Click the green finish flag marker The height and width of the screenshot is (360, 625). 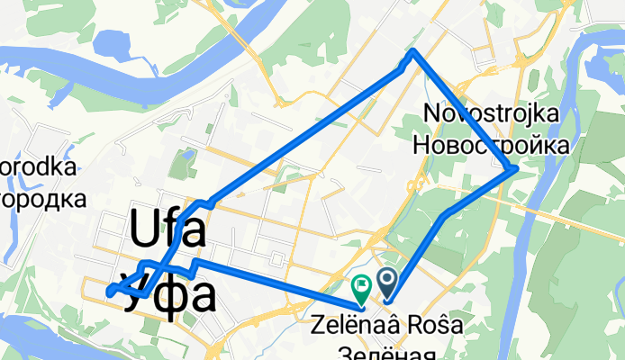coord(360,288)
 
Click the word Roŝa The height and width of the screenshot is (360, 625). coord(431,327)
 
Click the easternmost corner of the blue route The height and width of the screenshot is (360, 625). coord(513,168)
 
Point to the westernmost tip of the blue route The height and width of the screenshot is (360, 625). coord(108,292)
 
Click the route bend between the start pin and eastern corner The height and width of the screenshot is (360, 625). coord(446,214)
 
